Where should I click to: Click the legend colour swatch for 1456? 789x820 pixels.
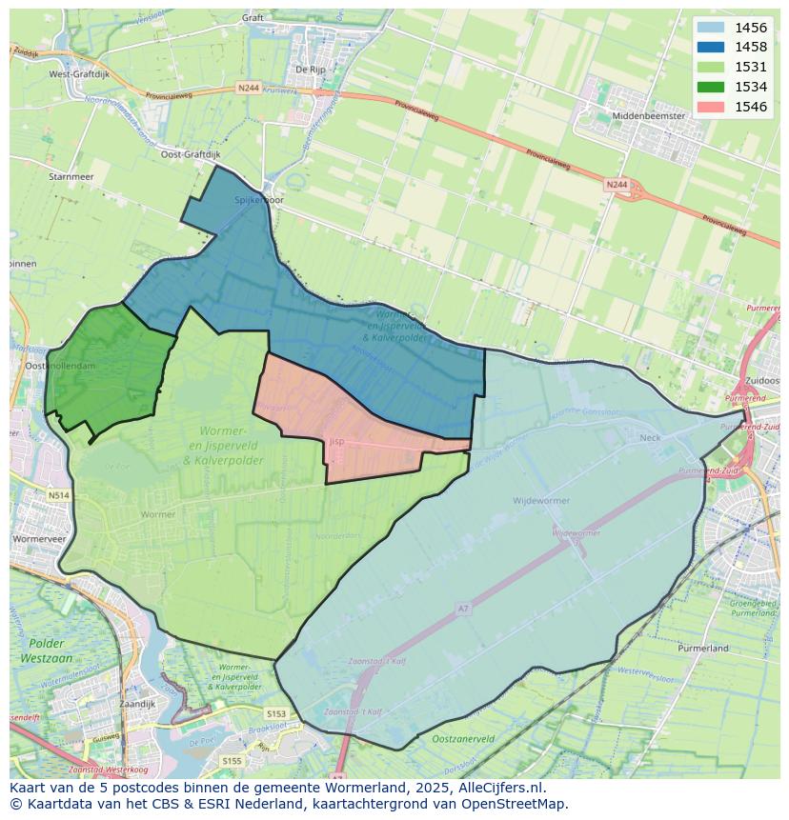click(x=710, y=28)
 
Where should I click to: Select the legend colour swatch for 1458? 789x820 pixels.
click(x=710, y=47)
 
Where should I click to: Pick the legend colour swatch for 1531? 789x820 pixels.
click(x=710, y=67)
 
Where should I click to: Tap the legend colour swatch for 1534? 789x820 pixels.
click(x=710, y=87)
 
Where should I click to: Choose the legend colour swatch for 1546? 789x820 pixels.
click(x=710, y=107)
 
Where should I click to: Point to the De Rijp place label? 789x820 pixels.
click(x=311, y=70)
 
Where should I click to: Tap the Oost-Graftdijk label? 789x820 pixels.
click(x=190, y=154)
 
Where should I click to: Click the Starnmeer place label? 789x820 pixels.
click(x=71, y=177)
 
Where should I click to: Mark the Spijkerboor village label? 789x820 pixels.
click(x=259, y=201)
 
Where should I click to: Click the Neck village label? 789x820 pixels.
click(x=650, y=438)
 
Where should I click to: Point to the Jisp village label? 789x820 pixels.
click(x=336, y=442)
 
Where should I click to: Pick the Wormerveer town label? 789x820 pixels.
click(x=39, y=539)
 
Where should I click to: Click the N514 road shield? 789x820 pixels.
click(x=58, y=495)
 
